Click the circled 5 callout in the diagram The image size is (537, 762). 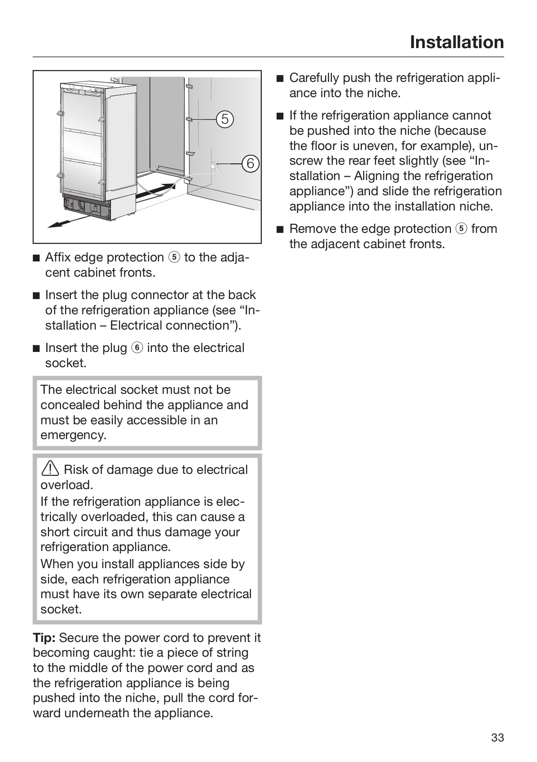pyautogui.click(x=225, y=119)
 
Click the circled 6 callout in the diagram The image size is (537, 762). pyautogui.click(x=250, y=163)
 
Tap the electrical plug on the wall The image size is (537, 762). pyautogui.click(x=214, y=165)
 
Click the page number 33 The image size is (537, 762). pyautogui.click(x=497, y=738)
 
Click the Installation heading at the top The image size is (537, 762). pyautogui.click(x=457, y=42)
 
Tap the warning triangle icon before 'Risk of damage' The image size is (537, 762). pyautogui.click(x=50, y=470)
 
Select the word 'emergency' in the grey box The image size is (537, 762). pyautogui.click(x=72, y=435)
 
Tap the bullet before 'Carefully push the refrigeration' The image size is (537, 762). pyautogui.click(x=279, y=78)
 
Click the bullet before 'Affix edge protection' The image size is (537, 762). pyautogui.click(x=36, y=258)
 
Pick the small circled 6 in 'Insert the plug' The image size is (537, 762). pyautogui.click(x=137, y=348)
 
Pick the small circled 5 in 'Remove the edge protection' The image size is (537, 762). pyautogui.click(x=461, y=229)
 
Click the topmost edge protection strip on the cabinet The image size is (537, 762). pyautogui.click(x=190, y=87)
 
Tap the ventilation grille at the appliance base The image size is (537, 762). pyautogui.click(x=86, y=205)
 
